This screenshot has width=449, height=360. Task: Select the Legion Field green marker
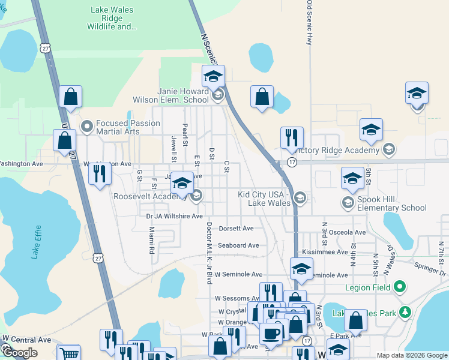(398, 288)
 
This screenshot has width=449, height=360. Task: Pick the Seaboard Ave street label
(238, 245)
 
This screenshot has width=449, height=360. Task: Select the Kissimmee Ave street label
(325, 252)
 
